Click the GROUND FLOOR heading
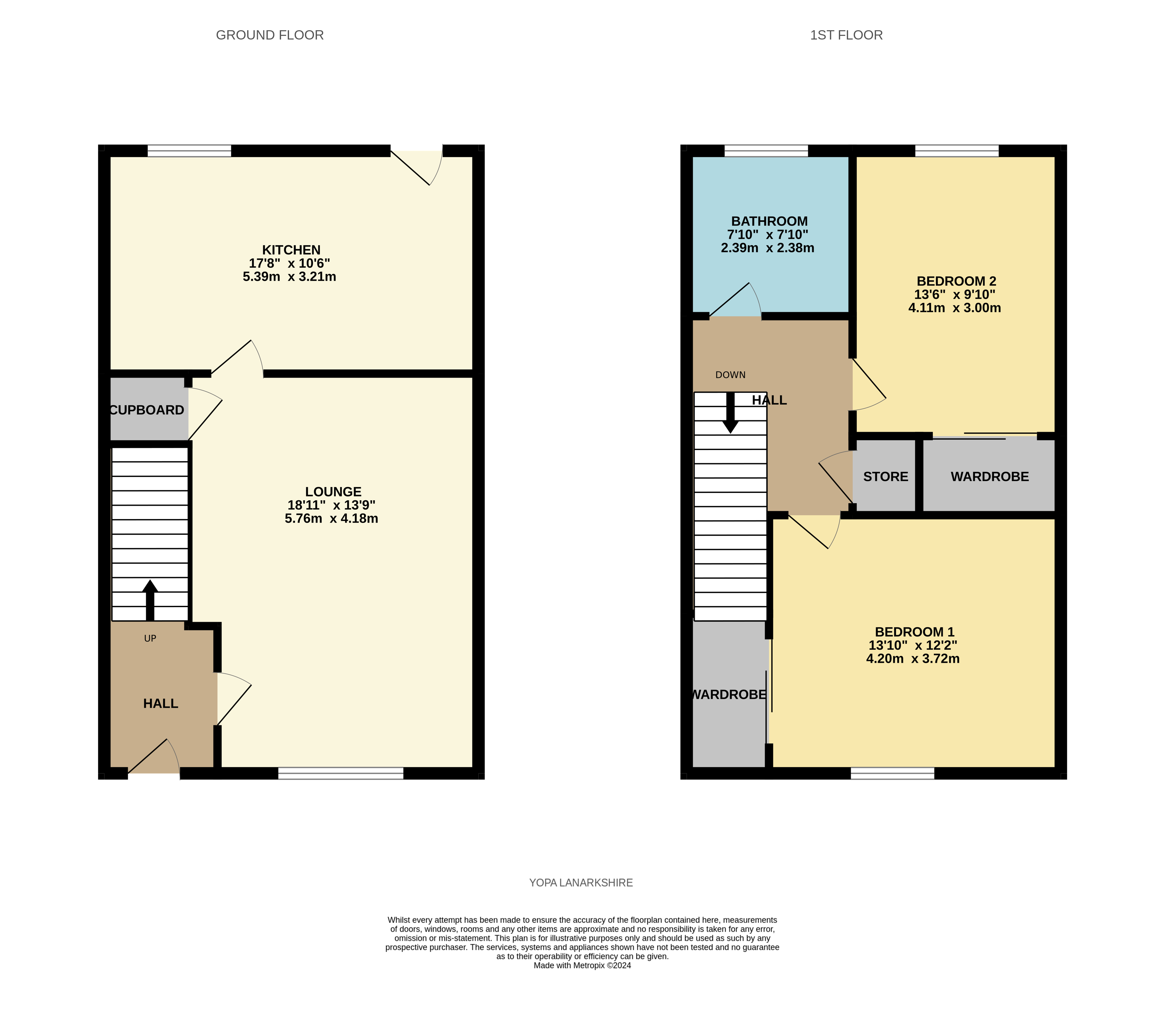click(x=270, y=35)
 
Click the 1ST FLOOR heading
click(x=846, y=35)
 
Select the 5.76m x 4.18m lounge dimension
click(x=331, y=518)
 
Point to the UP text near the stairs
click(x=150, y=639)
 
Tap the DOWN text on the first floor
click(x=730, y=375)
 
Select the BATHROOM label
click(x=769, y=221)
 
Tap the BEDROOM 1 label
click(x=914, y=632)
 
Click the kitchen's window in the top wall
click(x=189, y=151)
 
